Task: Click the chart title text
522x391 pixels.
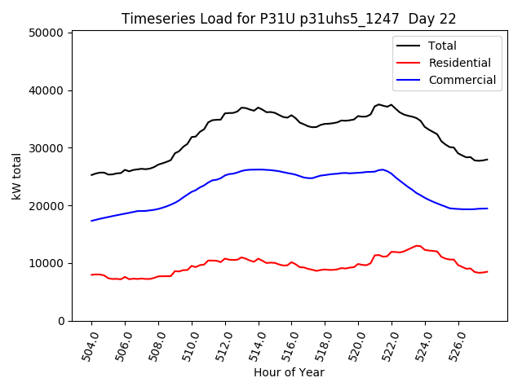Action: tap(289, 19)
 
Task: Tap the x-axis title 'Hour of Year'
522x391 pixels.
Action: tap(289, 373)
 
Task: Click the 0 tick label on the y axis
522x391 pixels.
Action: tap(61, 321)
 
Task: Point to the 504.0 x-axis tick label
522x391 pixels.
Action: tap(87, 345)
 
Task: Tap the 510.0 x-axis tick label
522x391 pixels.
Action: tap(188, 345)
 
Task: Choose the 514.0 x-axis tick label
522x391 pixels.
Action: tap(254, 345)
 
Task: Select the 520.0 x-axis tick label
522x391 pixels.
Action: tap(354, 345)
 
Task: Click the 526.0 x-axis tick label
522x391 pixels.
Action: tap(454, 345)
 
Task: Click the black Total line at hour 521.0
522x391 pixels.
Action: tap(375, 107)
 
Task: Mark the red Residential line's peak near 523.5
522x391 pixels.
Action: tap(417, 245)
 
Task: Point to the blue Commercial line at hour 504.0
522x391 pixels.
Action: tap(91, 221)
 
